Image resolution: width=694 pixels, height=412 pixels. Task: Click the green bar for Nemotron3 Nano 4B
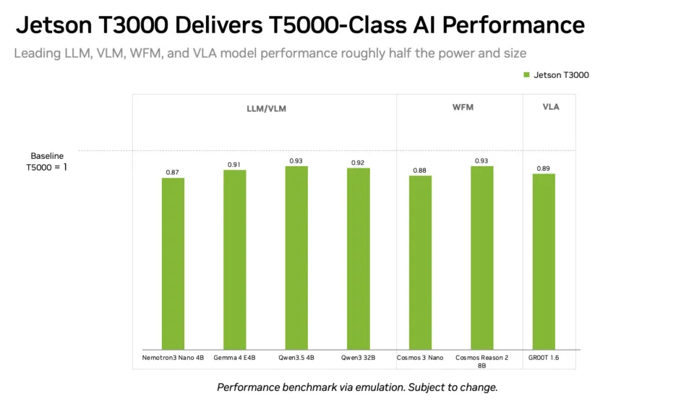[x=173, y=264]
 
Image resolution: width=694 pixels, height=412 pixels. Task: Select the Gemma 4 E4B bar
[x=234, y=259]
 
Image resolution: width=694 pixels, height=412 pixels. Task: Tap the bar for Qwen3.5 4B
[x=296, y=258]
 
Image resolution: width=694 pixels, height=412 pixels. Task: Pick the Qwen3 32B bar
[x=359, y=259]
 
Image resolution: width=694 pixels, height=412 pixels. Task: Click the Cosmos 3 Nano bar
[x=420, y=263]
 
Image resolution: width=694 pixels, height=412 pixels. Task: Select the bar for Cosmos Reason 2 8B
[x=482, y=258]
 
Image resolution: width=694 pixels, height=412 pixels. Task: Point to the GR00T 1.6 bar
[x=544, y=262]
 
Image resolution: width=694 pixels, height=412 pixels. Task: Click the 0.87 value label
[x=173, y=173]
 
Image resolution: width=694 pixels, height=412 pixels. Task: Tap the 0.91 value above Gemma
[x=234, y=165]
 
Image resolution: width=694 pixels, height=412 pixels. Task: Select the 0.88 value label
[x=419, y=171]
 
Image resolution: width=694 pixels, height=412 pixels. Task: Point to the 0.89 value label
[x=543, y=168]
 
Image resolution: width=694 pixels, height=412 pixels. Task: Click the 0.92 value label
[x=358, y=163]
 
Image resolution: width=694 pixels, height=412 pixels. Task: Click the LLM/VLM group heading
[x=267, y=109]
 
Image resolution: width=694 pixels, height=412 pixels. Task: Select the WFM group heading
[x=463, y=107]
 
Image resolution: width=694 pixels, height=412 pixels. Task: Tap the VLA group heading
[x=551, y=107]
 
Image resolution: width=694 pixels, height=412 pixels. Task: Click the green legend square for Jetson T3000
[x=527, y=74]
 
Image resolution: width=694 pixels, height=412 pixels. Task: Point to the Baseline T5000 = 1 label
[x=47, y=161]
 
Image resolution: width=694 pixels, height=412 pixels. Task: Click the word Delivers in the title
[x=218, y=25]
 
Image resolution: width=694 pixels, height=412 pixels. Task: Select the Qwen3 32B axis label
[x=358, y=358]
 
